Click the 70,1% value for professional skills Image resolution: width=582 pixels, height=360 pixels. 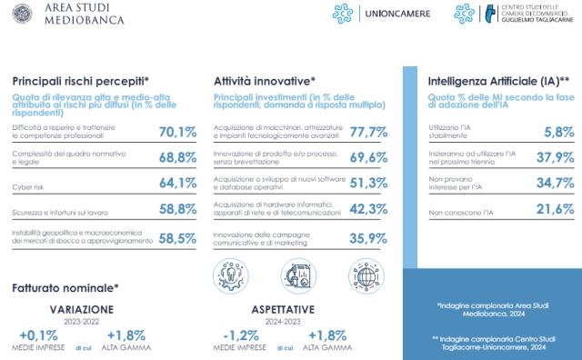178,133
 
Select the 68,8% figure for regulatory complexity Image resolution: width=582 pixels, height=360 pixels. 178,158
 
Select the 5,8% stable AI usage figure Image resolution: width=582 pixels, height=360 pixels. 557,133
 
